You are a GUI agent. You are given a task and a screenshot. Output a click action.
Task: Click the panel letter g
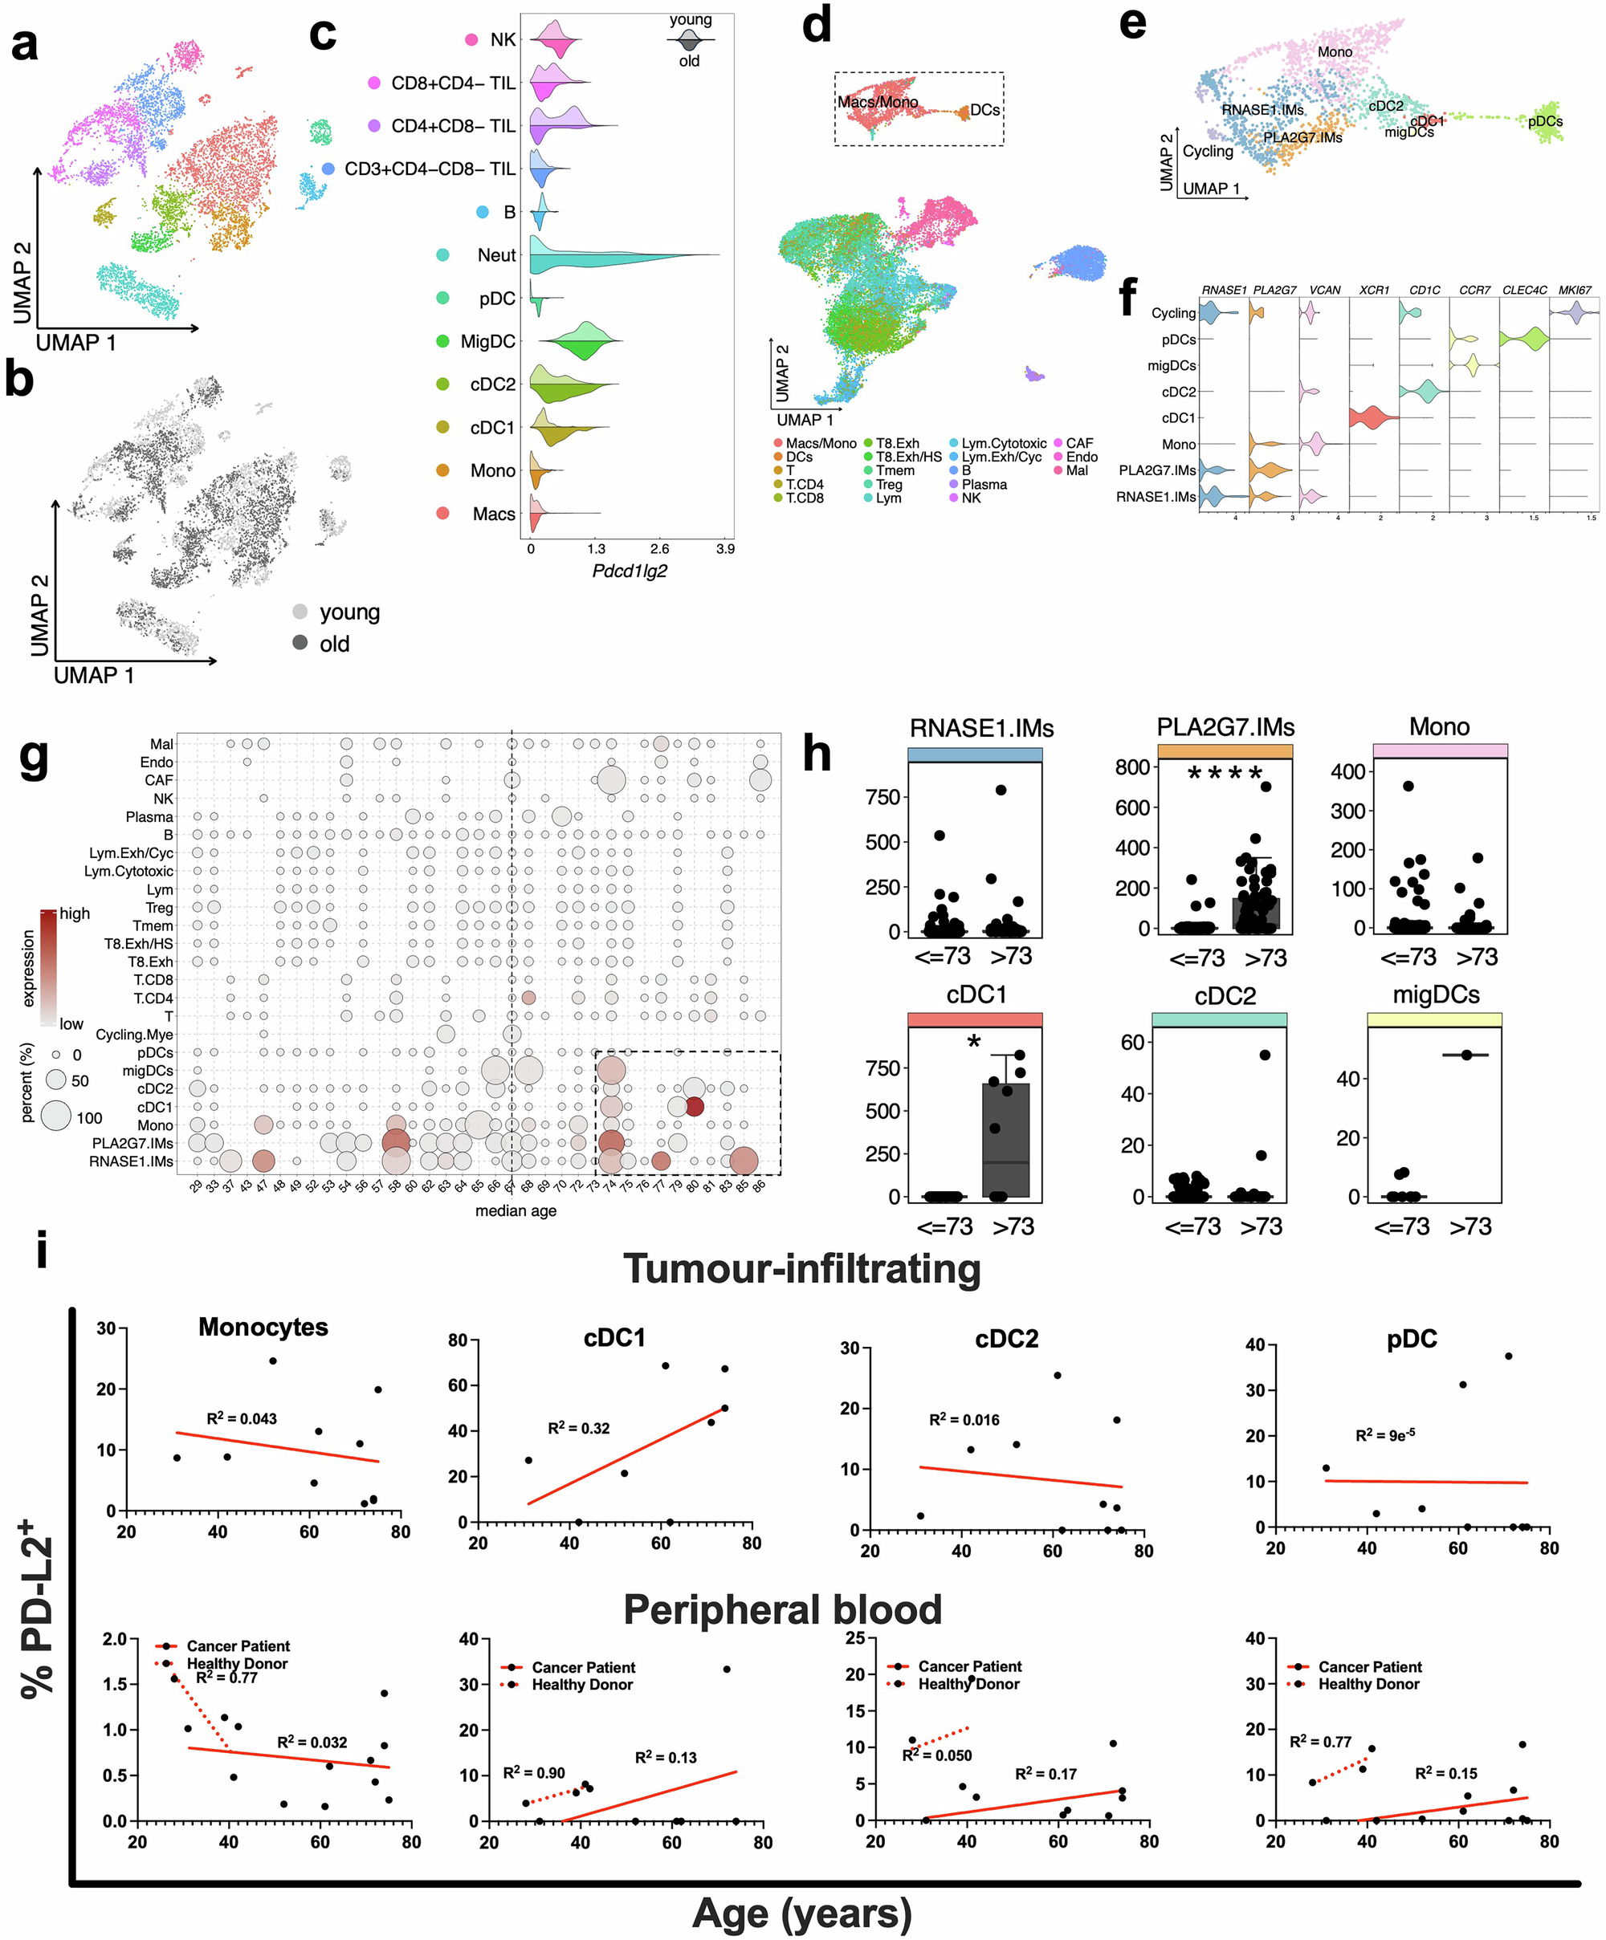pyautogui.click(x=35, y=759)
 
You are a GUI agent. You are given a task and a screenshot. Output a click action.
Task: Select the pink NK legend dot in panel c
pyautogui.click(x=471, y=39)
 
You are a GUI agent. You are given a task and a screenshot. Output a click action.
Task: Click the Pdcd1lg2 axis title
pyautogui.click(x=630, y=571)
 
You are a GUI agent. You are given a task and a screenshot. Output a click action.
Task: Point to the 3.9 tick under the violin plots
pyautogui.click(x=725, y=549)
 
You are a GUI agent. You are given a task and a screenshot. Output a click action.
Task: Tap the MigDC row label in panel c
pyautogui.click(x=488, y=342)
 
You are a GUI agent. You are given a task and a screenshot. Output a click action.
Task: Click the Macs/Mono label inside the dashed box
pyautogui.click(x=877, y=102)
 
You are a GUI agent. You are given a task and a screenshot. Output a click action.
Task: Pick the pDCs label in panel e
pyautogui.click(x=1545, y=121)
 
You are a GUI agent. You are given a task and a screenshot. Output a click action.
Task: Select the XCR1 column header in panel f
pyautogui.click(x=1374, y=290)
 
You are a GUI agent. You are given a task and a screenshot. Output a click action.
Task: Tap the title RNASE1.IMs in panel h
pyautogui.click(x=981, y=728)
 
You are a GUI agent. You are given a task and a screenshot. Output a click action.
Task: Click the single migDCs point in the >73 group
pyautogui.click(x=1466, y=1055)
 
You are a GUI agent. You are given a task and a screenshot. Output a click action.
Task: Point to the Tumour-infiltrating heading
pyautogui.click(x=801, y=1268)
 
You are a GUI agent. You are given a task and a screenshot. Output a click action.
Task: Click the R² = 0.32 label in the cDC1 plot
pyautogui.click(x=578, y=1428)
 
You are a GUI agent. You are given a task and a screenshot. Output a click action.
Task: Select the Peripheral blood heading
pyautogui.click(x=782, y=1609)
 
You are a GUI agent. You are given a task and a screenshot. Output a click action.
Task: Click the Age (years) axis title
pyautogui.click(x=801, y=1914)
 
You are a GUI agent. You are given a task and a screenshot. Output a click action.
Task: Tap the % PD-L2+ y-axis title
pyautogui.click(x=39, y=1608)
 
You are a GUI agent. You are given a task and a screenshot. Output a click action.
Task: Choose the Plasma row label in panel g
pyautogui.click(x=149, y=816)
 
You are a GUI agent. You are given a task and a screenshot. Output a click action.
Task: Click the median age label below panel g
pyautogui.click(x=516, y=1210)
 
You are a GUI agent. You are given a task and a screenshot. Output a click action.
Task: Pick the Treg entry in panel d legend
pyautogui.click(x=889, y=484)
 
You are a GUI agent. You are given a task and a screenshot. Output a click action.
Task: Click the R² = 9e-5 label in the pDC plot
pyautogui.click(x=1384, y=1434)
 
